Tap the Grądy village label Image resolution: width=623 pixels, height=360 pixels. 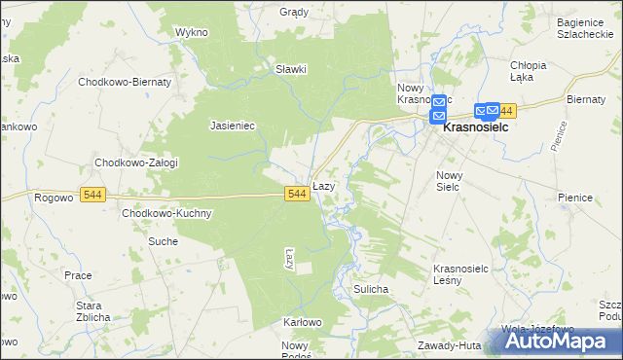click(x=293, y=13)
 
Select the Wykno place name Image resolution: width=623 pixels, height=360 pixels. click(x=192, y=32)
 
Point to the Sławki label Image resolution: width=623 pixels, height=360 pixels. click(x=290, y=69)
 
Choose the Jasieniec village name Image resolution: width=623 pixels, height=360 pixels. click(x=232, y=125)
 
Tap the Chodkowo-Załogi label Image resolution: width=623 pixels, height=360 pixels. click(x=135, y=162)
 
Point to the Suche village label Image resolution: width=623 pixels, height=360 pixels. click(x=163, y=240)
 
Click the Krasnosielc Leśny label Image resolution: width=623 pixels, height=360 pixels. click(x=460, y=273)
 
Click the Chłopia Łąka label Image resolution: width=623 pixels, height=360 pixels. click(x=529, y=71)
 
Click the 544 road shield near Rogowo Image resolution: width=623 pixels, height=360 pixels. click(x=93, y=195)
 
